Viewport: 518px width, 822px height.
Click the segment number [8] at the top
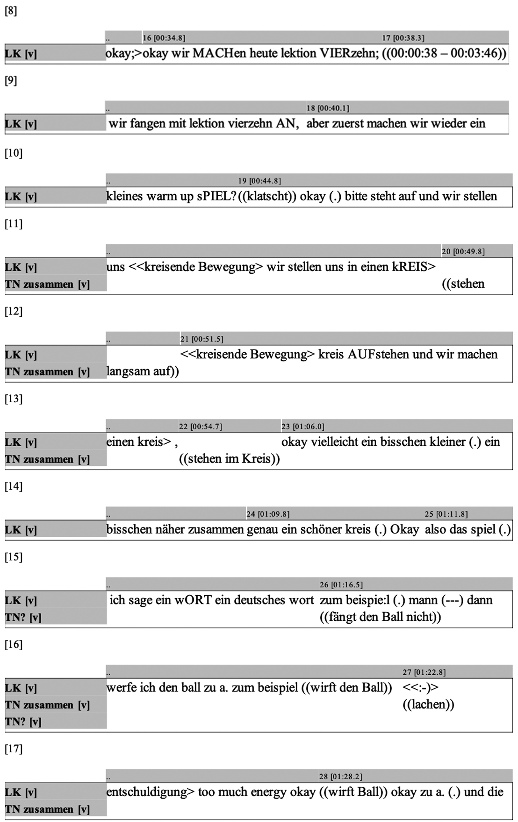click(x=11, y=11)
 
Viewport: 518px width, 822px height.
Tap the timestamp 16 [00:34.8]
click(x=164, y=38)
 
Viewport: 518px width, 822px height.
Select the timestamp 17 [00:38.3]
click(x=403, y=38)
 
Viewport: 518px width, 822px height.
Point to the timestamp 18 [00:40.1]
click(x=328, y=108)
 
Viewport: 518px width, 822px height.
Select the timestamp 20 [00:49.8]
click(x=463, y=251)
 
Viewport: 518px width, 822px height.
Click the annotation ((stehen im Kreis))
click(x=230, y=459)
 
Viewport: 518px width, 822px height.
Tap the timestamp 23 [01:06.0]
click(x=303, y=427)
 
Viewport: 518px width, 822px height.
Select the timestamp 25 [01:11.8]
click(x=446, y=514)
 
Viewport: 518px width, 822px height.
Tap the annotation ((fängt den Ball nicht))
click(x=380, y=617)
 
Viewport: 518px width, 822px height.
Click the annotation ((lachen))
click(x=428, y=704)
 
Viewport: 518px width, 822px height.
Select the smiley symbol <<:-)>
click(x=420, y=688)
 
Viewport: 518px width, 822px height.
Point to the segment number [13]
click(x=13, y=399)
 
